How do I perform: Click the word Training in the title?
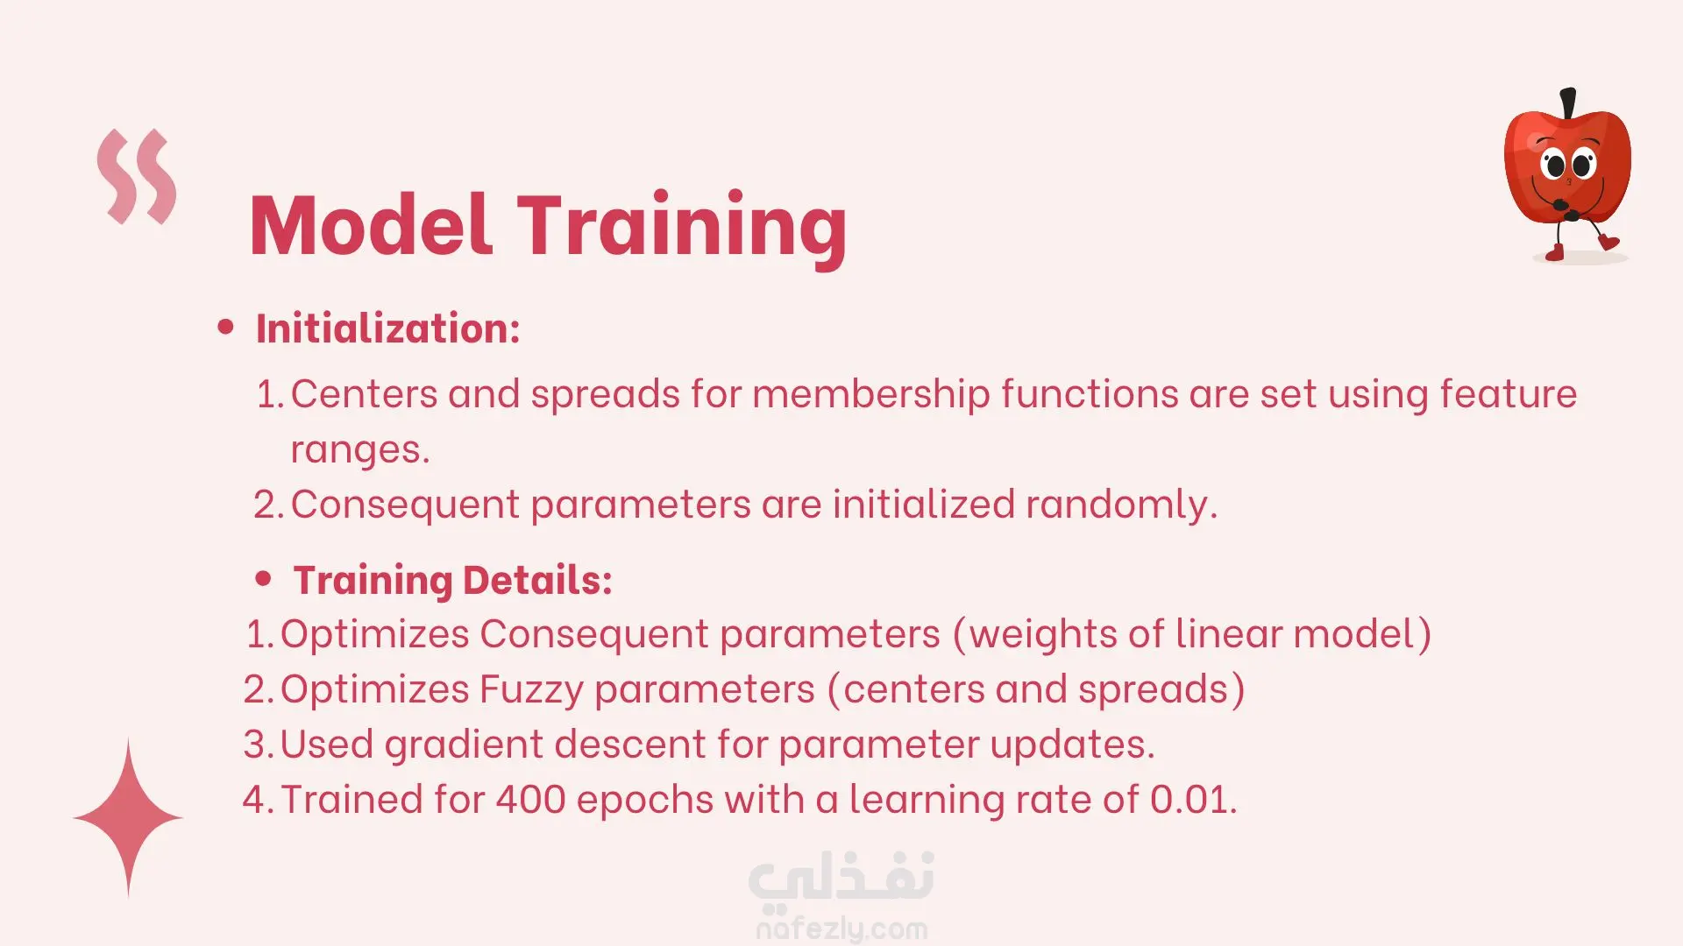(x=682, y=227)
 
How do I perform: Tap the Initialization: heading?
(x=388, y=328)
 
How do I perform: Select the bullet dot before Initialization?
(x=226, y=328)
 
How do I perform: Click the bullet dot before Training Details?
(x=263, y=579)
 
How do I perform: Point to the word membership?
(x=871, y=394)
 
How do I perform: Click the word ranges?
(x=360, y=450)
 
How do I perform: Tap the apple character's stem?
(x=1568, y=102)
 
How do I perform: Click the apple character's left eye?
(x=1554, y=164)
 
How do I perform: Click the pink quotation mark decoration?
(x=137, y=176)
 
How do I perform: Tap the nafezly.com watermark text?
(x=841, y=928)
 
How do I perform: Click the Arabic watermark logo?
(x=841, y=879)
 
